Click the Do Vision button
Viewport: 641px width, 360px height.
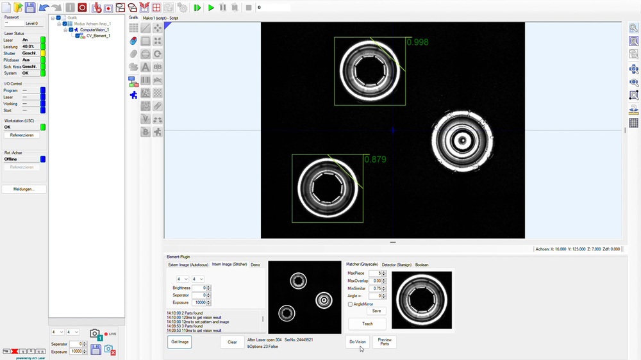click(358, 341)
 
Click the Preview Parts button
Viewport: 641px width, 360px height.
click(385, 341)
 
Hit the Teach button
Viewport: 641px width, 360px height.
click(367, 323)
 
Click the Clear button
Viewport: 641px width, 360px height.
click(232, 341)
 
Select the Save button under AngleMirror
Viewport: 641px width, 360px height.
click(376, 311)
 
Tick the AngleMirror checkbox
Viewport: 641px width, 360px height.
click(350, 304)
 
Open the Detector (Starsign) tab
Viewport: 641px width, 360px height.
click(397, 265)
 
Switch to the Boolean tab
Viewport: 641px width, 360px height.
click(422, 265)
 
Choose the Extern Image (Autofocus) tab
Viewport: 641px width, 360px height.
click(188, 265)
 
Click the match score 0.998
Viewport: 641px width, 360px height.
click(417, 42)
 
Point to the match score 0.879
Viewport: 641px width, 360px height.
click(375, 160)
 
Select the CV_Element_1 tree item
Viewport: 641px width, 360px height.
click(98, 36)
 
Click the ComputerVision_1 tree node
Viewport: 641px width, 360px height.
click(94, 29)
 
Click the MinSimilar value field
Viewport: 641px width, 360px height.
click(375, 288)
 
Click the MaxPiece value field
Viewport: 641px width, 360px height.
click(375, 273)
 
